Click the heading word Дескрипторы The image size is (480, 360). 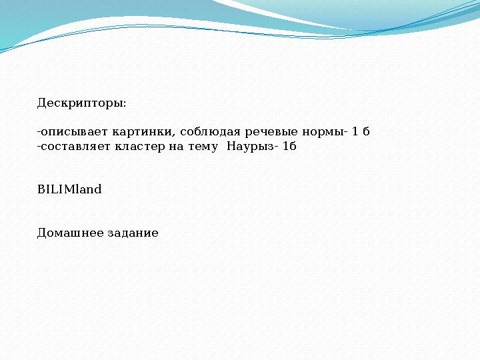tap(80, 103)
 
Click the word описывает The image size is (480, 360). tap(75, 131)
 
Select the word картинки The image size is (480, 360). tap(141, 131)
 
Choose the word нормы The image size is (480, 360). tap(323, 132)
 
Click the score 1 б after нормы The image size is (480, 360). tap(361, 131)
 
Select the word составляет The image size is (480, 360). tap(75, 147)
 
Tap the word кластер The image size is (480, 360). tap(140, 147)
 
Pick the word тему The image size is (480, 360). tap(203, 147)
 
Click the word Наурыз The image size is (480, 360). tap(250, 147)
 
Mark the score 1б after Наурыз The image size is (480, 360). tap(289, 146)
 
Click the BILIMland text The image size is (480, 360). tap(69, 189)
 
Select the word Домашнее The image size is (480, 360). tap(71, 233)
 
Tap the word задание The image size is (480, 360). tap(133, 233)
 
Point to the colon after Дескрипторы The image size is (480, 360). tap(124, 104)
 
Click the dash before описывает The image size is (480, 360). tap(39, 132)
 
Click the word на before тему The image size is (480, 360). tap(176, 147)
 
